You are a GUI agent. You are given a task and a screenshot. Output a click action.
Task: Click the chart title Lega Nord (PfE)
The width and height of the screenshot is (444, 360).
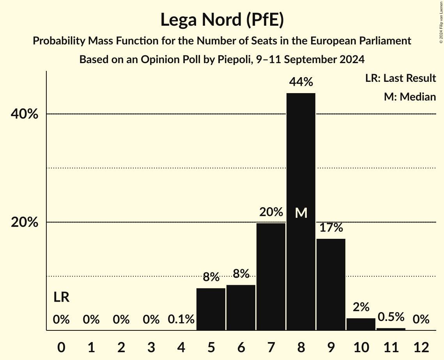pyautogui.click(x=222, y=20)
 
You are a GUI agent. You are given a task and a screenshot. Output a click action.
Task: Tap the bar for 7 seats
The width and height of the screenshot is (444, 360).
pyautogui.click(x=271, y=277)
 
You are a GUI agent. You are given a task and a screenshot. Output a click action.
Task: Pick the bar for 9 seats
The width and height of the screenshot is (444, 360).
pyautogui.click(x=331, y=284)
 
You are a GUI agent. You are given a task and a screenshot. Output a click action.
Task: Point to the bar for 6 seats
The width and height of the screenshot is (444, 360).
pyautogui.click(x=241, y=307)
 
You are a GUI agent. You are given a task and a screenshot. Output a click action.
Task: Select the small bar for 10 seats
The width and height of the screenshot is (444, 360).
pyautogui.click(x=361, y=324)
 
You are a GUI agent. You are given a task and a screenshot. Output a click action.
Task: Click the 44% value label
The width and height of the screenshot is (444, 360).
pyautogui.click(x=301, y=82)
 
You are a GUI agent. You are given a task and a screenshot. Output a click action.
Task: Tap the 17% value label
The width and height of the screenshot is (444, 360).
pyautogui.click(x=331, y=228)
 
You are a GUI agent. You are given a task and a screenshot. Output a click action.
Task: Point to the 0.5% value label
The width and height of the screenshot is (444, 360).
pyautogui.click(x=391, y=317)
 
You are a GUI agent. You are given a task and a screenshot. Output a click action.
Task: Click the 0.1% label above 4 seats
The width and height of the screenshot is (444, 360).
pyautogui.click(x=181, y=319)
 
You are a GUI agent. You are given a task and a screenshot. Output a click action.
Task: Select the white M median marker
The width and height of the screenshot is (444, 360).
pyautogui.click(x=301, y=213)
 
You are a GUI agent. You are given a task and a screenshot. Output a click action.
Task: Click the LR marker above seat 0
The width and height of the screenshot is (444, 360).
pyautogui.click(x=61, y=297)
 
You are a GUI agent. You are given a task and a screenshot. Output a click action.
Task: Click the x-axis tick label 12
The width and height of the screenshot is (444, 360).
pyautogui.click(x=421, y=346)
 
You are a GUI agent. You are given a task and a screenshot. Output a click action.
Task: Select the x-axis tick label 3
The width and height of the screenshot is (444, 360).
pyautogui.click(x=151, y=346)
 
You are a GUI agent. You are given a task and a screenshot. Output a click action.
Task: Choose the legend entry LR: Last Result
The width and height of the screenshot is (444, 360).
pyautogui.click(x=400, y=78)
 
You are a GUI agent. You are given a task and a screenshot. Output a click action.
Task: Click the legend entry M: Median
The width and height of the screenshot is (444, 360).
pyautogui.click(x=410, y=97)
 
